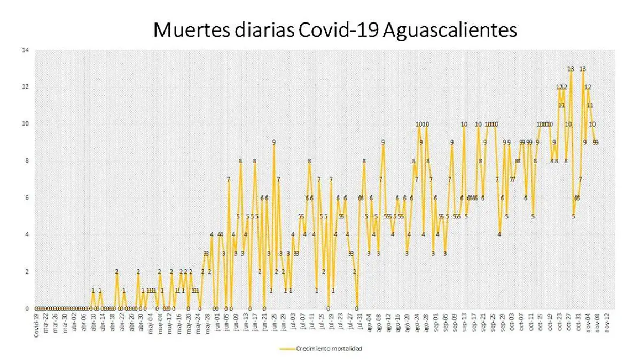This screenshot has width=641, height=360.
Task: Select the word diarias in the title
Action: tap(257, 30)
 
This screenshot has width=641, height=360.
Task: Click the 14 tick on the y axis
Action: tap(24, 51)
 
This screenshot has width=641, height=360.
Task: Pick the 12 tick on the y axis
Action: tap(24, 87)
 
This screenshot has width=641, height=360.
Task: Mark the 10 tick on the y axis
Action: tap(24, 124)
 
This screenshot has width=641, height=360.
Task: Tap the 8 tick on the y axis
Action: tap(26, 161)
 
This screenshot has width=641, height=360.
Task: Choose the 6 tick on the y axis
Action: tap(26, 198)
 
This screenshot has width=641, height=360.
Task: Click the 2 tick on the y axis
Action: tap(26, 271)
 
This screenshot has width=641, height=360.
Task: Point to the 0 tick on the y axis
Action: tap(26, 308)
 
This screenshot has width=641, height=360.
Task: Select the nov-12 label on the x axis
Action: tap(607, 323)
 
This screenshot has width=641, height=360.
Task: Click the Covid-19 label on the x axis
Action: tap(36, 324)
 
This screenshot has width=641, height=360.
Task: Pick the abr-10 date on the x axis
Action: tap(93, 323)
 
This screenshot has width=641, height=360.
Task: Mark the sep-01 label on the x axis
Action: tap(435, 323)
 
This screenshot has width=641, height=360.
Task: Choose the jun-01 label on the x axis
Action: tap(217, 323)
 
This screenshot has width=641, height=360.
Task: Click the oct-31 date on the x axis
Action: tap(579, 323)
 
